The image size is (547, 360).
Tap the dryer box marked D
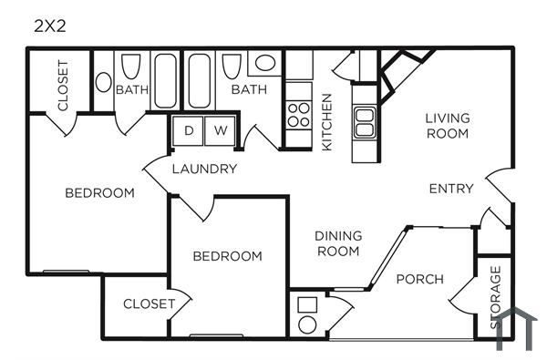189,130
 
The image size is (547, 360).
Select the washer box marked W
220,130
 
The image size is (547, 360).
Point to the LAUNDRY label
204,169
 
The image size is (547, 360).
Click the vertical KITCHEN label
326,122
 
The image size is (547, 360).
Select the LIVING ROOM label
447,126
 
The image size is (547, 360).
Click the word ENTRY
451,189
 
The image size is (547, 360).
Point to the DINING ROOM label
338,243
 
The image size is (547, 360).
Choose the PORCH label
419,279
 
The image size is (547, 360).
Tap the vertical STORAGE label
495,297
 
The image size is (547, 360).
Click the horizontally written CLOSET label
149,303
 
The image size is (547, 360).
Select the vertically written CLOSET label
63,86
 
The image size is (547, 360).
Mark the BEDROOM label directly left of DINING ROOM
227,256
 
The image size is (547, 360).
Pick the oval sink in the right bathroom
265,63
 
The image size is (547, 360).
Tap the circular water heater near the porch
307,323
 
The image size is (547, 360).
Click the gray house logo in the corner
517,329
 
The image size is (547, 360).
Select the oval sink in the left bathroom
103,81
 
